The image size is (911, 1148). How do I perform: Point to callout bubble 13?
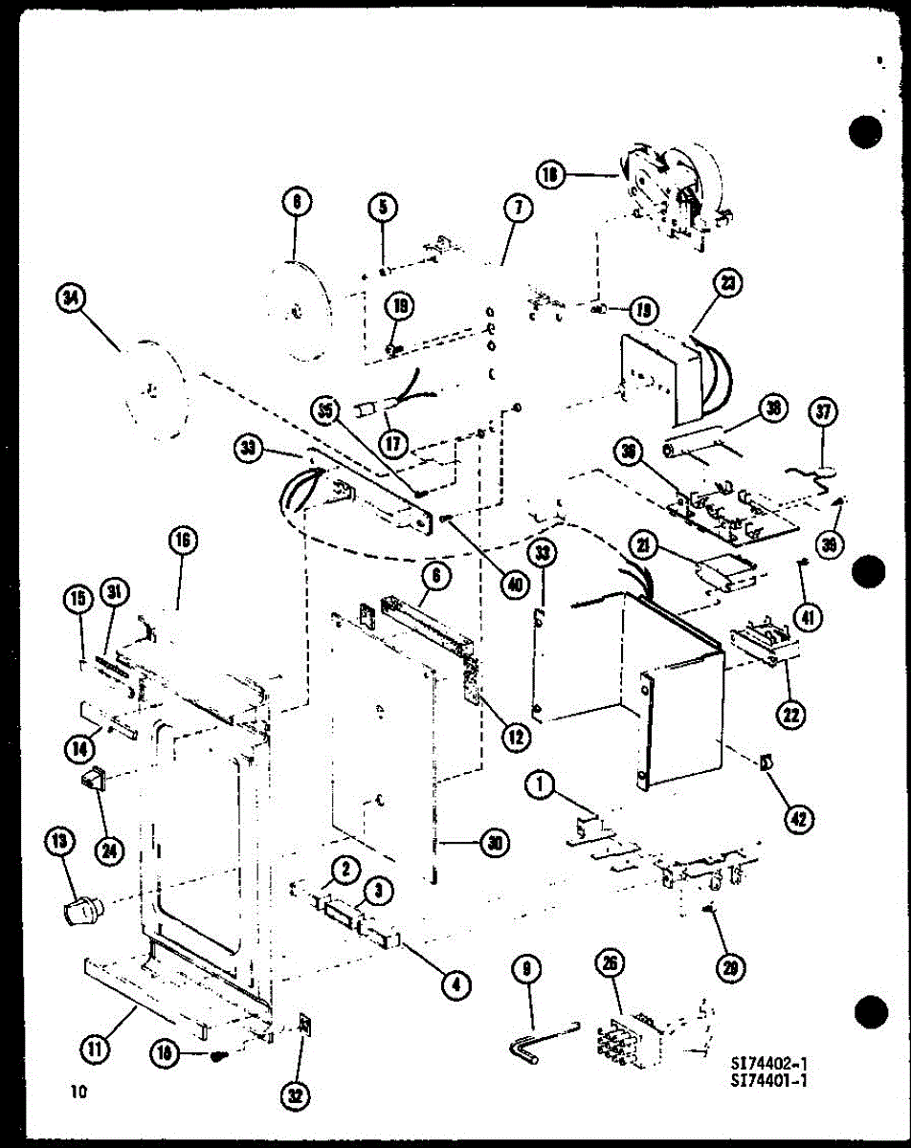pos(59,842)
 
